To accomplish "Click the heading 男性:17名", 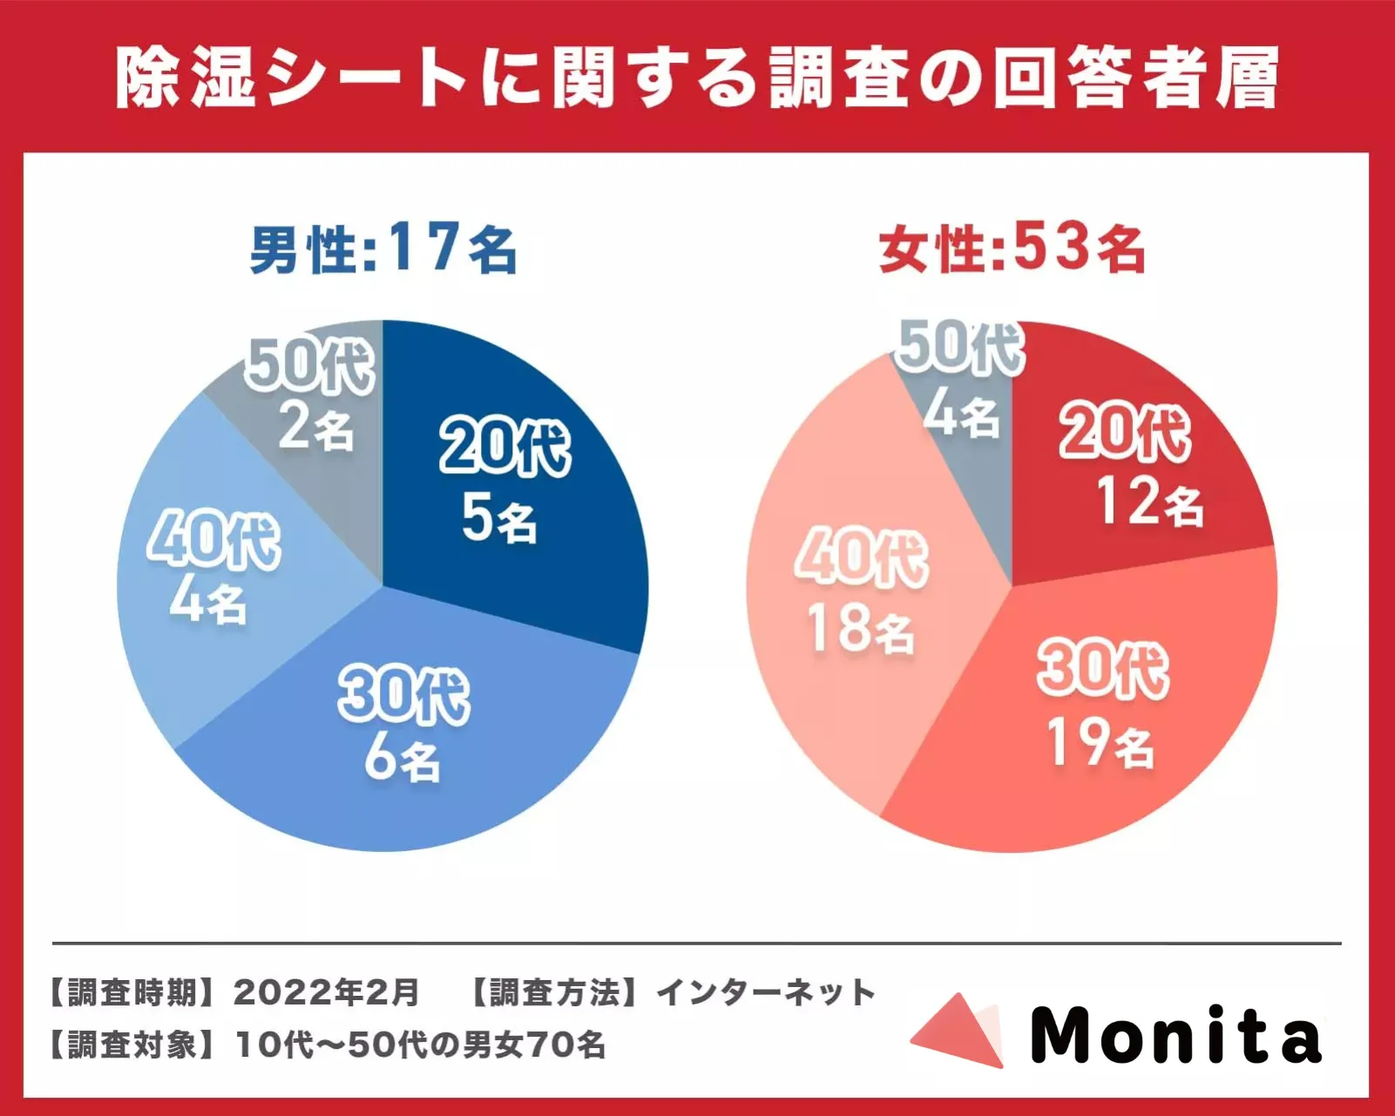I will pyautogui.click(x=383, y=249).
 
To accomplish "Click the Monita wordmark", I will pyautogui.click(x=1176, y=1035).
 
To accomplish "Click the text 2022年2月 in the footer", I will pyautogui.click(x=327, y=992).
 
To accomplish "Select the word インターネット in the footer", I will pyautogui.click(x=766, y=992).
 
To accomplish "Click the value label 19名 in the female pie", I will pyautogui.click(x=1100, y=745).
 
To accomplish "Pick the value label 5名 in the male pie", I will pyautogui.click(x=498, y=519).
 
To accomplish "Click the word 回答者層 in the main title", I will pyautogui.click(x=1137, y=78).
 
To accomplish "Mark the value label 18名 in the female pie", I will pyautogui.click(x=861, y=629).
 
